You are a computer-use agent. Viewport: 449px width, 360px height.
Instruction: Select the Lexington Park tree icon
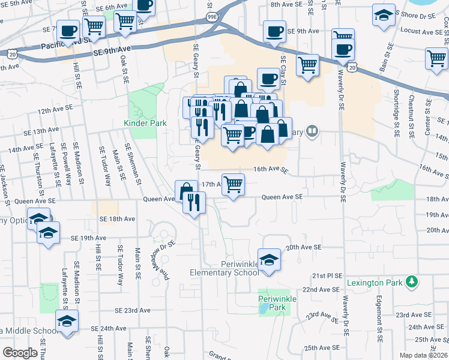click(411, 281)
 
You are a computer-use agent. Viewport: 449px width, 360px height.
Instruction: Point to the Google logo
click(19, 353)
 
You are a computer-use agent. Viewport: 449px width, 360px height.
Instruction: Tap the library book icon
click(312, 131)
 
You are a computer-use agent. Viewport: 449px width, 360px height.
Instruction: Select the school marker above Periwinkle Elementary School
click(270, 259)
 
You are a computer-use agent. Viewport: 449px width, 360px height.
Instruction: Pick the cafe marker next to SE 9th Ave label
click(275, 31)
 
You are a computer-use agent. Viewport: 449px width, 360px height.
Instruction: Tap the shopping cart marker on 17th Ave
click(233, 184)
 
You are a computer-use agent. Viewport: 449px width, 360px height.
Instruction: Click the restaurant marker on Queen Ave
click(193, 202)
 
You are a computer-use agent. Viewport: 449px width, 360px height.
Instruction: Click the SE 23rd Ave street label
click(133, 311)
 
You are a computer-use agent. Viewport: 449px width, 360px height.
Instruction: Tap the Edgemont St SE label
click(379, 319)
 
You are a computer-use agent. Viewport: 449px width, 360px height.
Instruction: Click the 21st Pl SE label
click(327, 275)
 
